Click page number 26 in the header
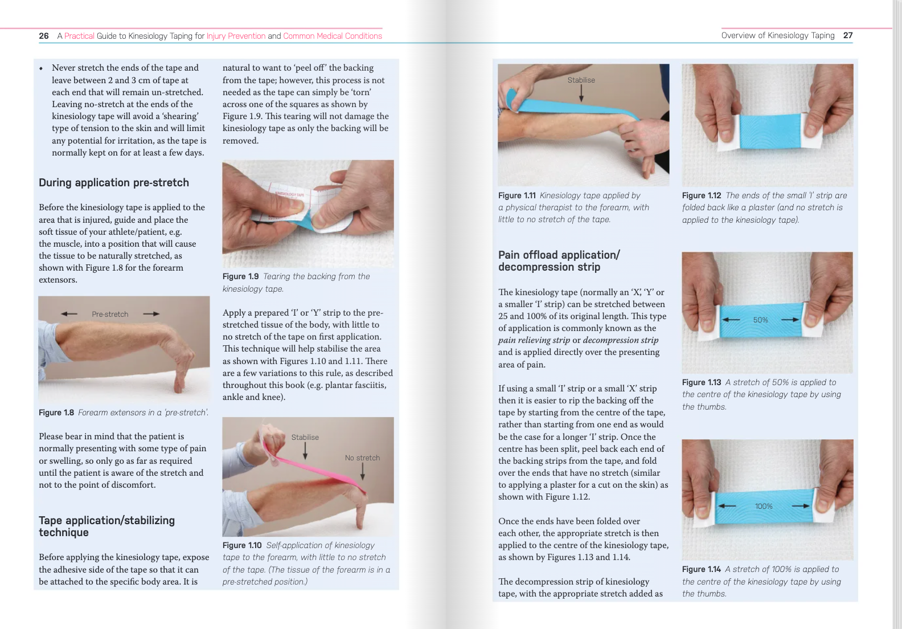click(44, 36)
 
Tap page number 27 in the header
click(848, 35)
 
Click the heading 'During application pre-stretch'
click(114, 183)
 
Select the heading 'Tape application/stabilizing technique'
click(106, 526)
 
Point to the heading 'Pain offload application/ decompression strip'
click(559, 261)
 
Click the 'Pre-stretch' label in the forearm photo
click(110, 314)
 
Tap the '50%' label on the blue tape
click(760, 320)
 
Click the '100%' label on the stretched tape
click(764, 507)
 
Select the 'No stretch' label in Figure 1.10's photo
click(362, 458)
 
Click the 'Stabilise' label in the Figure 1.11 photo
click(581, 80)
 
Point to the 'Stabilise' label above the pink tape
click(305, 438)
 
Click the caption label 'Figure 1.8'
click(56, 413)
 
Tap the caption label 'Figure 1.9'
click(240, 277)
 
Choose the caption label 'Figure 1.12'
click(702, 196)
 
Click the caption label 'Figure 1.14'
click(702, 570)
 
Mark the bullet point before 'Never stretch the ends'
click(41, 68)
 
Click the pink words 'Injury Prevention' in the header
click(236, 36)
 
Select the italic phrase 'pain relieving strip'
click(534, 340)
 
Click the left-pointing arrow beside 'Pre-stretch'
click(69, 314)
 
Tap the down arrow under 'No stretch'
click(362, 471)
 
